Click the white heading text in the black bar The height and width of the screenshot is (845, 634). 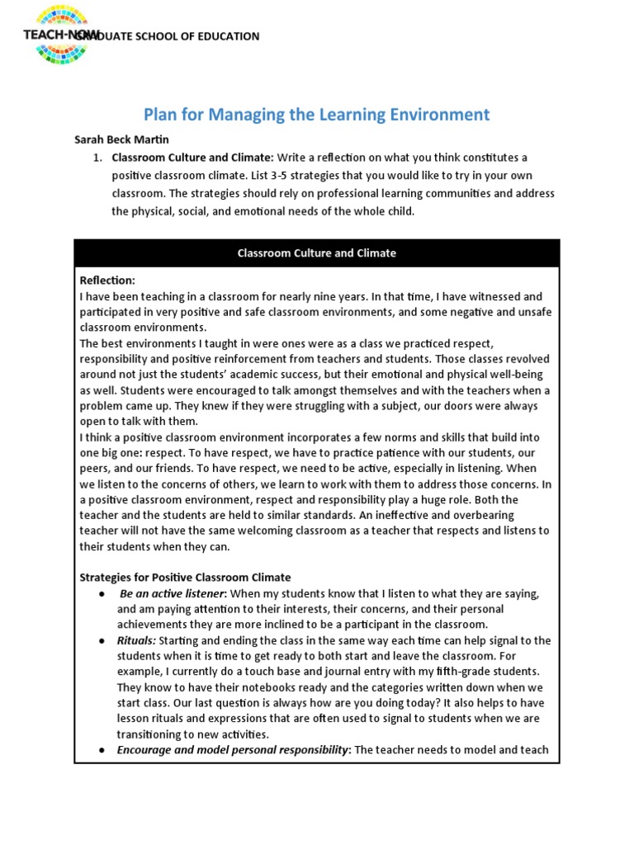pyautogui.click(x=317, y=253)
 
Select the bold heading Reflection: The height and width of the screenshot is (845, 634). pyautogui.click(x=107, y=281)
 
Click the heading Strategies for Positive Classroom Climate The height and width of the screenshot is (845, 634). pyautogui.click(x=186, y=578)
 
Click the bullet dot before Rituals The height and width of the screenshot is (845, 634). pyautogui.click(x=101, y=641)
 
